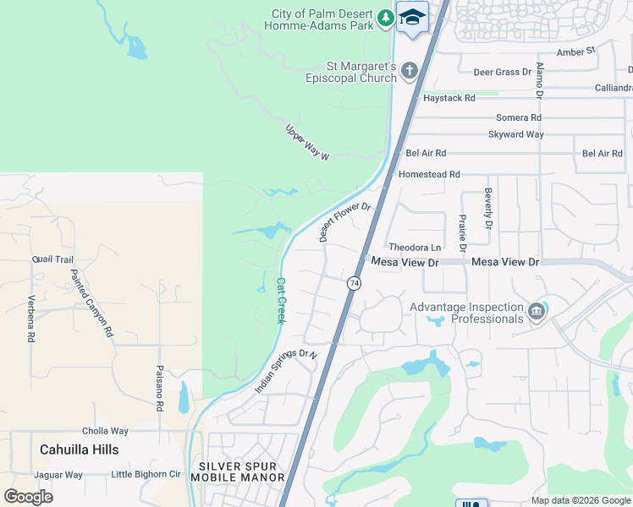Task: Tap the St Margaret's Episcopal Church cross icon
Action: (410, 70)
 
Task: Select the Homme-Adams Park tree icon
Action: (386, 17)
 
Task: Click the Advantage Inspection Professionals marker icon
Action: (536, 313)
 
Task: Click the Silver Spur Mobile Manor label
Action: (237, 472)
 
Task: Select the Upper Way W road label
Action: (305, 143)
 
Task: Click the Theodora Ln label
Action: (415, 248)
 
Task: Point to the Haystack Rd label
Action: (449, 98)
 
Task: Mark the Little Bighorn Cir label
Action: (146, 475)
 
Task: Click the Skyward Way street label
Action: (516, 134)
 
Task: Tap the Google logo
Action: (28, 496)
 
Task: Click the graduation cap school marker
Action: (412, 17)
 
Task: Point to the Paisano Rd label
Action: (159, 389)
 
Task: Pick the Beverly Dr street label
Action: (488, 210)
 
